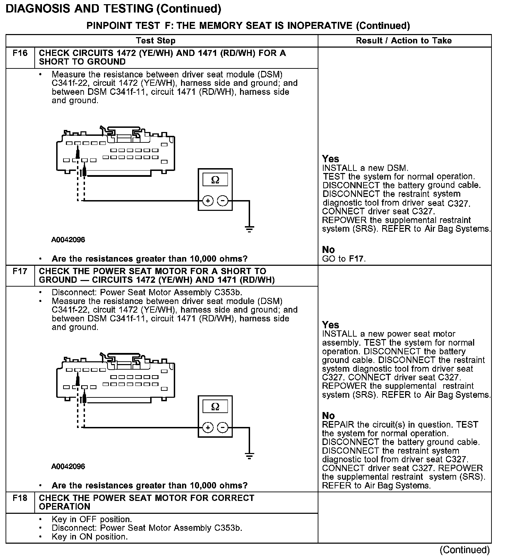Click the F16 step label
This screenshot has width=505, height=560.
[x=20, y=53]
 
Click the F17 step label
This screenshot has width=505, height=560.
[x=20, y=271]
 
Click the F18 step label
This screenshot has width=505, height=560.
[x=20, y=498]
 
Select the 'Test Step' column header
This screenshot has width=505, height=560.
[x=156, y=41]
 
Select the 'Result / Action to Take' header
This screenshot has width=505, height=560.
[x=404, y=41]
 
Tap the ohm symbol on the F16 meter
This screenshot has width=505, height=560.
[x=215, y=180]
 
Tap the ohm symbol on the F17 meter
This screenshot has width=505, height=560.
[x=215, y=406]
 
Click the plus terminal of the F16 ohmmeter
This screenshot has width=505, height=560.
[x=208, y=201]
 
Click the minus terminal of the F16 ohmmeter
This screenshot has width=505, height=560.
[x=223, y=201]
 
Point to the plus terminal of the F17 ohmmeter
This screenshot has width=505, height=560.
[x=208, y=428]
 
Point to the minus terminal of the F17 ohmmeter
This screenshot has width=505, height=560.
[x=223, y=428]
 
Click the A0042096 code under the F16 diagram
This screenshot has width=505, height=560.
[x=68, y=240]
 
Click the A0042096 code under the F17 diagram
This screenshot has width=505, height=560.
[x=68, y=467]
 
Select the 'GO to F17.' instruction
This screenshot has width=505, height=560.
[x=344, y=259]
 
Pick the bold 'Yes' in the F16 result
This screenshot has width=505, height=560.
[x=330, y=159]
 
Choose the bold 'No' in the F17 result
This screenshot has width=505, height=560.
[x=328, y=416]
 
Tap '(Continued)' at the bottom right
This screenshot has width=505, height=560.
[x=464, y=550]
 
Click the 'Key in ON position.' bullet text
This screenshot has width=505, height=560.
[x=89, y=537]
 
